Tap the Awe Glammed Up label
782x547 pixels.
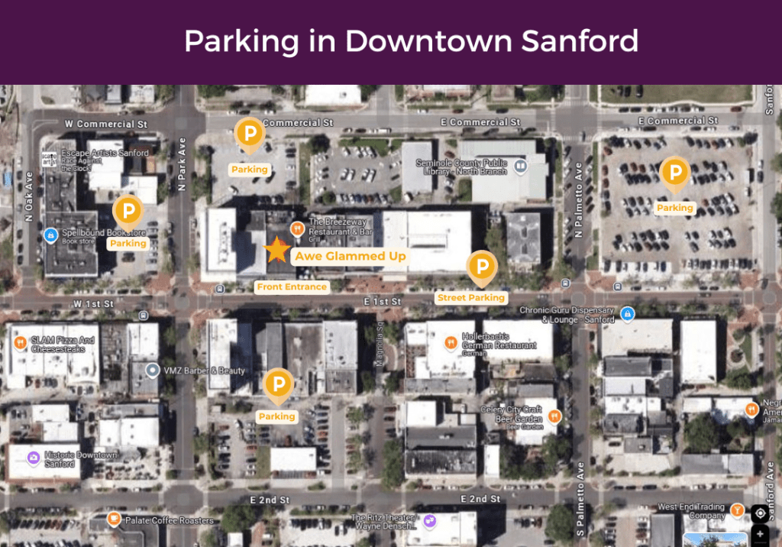coord(351,256)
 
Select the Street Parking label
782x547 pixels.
coord(470,297)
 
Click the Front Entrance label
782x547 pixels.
coord(292,287)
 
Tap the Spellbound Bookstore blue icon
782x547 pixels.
coord(51,235)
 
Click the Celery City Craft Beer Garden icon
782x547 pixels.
coord(555,416)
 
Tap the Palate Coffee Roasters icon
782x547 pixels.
coord(114,520)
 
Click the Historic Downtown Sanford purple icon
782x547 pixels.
coord(33,458)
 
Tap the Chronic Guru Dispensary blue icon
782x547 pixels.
coord(627,313)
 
